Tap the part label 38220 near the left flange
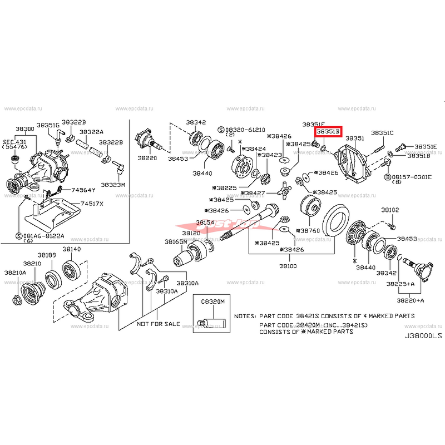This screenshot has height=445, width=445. point(147,158)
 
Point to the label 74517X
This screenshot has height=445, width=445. point(92,204)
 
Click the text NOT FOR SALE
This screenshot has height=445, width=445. point(159,324)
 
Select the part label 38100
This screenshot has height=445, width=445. point(289,266)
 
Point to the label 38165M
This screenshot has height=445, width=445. point(176,242)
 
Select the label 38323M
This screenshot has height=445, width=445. point(113,184)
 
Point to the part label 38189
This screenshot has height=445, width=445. point(47,255)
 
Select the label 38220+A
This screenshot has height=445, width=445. point(410,300)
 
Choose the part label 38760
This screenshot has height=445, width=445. point(310,230)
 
